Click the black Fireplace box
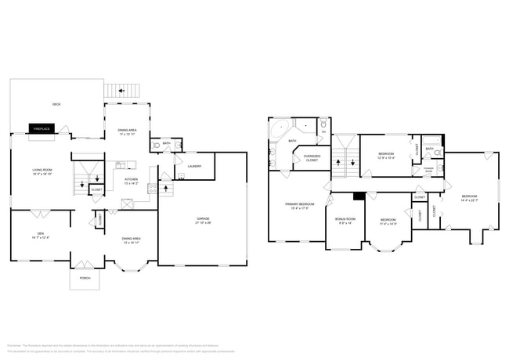pyautogui.click(x=42, y=128)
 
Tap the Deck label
pyautogui.click(x=56, y=104)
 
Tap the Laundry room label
pyautogui.click(x=194, y=166)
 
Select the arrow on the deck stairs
pyautogui.click(x=121, y=91)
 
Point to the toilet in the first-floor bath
pyautogui.click(x=155, y=145)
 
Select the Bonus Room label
pyautogui.click(x=345, y=218)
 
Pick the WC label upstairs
pyautogui.click(x=323, y=131)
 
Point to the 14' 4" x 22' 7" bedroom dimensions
pyautogui.click(x=468, y=200)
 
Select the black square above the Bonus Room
pyautogui.click(x=358, y=196)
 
